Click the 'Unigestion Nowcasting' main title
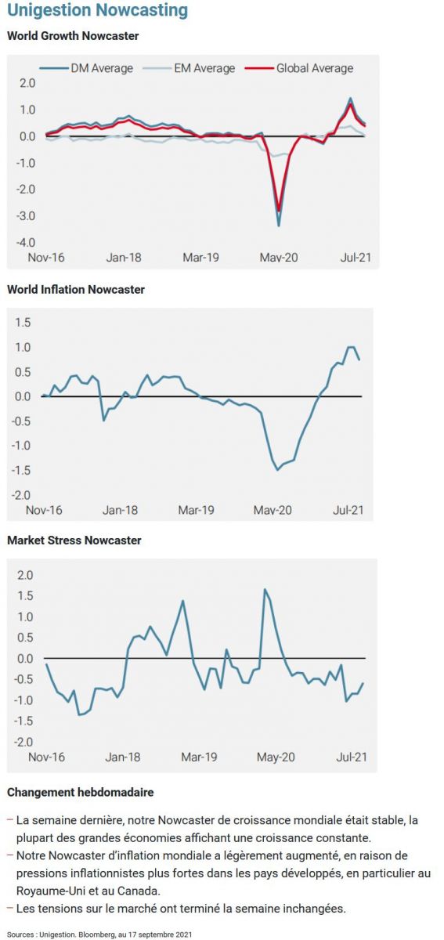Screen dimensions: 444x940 point(97,11)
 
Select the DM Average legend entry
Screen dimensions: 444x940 point(86,68)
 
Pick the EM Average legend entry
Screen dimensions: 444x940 point(189,68)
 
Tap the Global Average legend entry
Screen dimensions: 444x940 point(299,68)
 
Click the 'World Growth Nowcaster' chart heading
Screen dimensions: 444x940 point(73,36)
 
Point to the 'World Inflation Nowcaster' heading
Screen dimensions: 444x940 point(76,290)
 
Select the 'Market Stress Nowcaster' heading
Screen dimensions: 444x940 point(74,540)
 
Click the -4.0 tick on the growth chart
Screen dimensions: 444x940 point(26,243)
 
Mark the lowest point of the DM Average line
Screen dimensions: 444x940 point(279,226)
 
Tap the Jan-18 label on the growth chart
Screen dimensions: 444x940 point(124,257)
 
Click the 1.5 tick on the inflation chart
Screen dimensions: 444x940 point(23,322)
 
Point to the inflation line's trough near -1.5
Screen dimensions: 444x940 point(277,470)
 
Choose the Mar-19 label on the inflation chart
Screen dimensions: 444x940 point(196,510)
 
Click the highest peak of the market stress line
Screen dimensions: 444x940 point(265,589)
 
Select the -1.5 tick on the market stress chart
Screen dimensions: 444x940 point(23,721)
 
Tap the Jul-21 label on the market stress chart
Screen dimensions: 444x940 point(352,757)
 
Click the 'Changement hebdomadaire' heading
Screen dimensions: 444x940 point(81,792)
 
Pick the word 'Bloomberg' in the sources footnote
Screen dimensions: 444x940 point(92,935)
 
